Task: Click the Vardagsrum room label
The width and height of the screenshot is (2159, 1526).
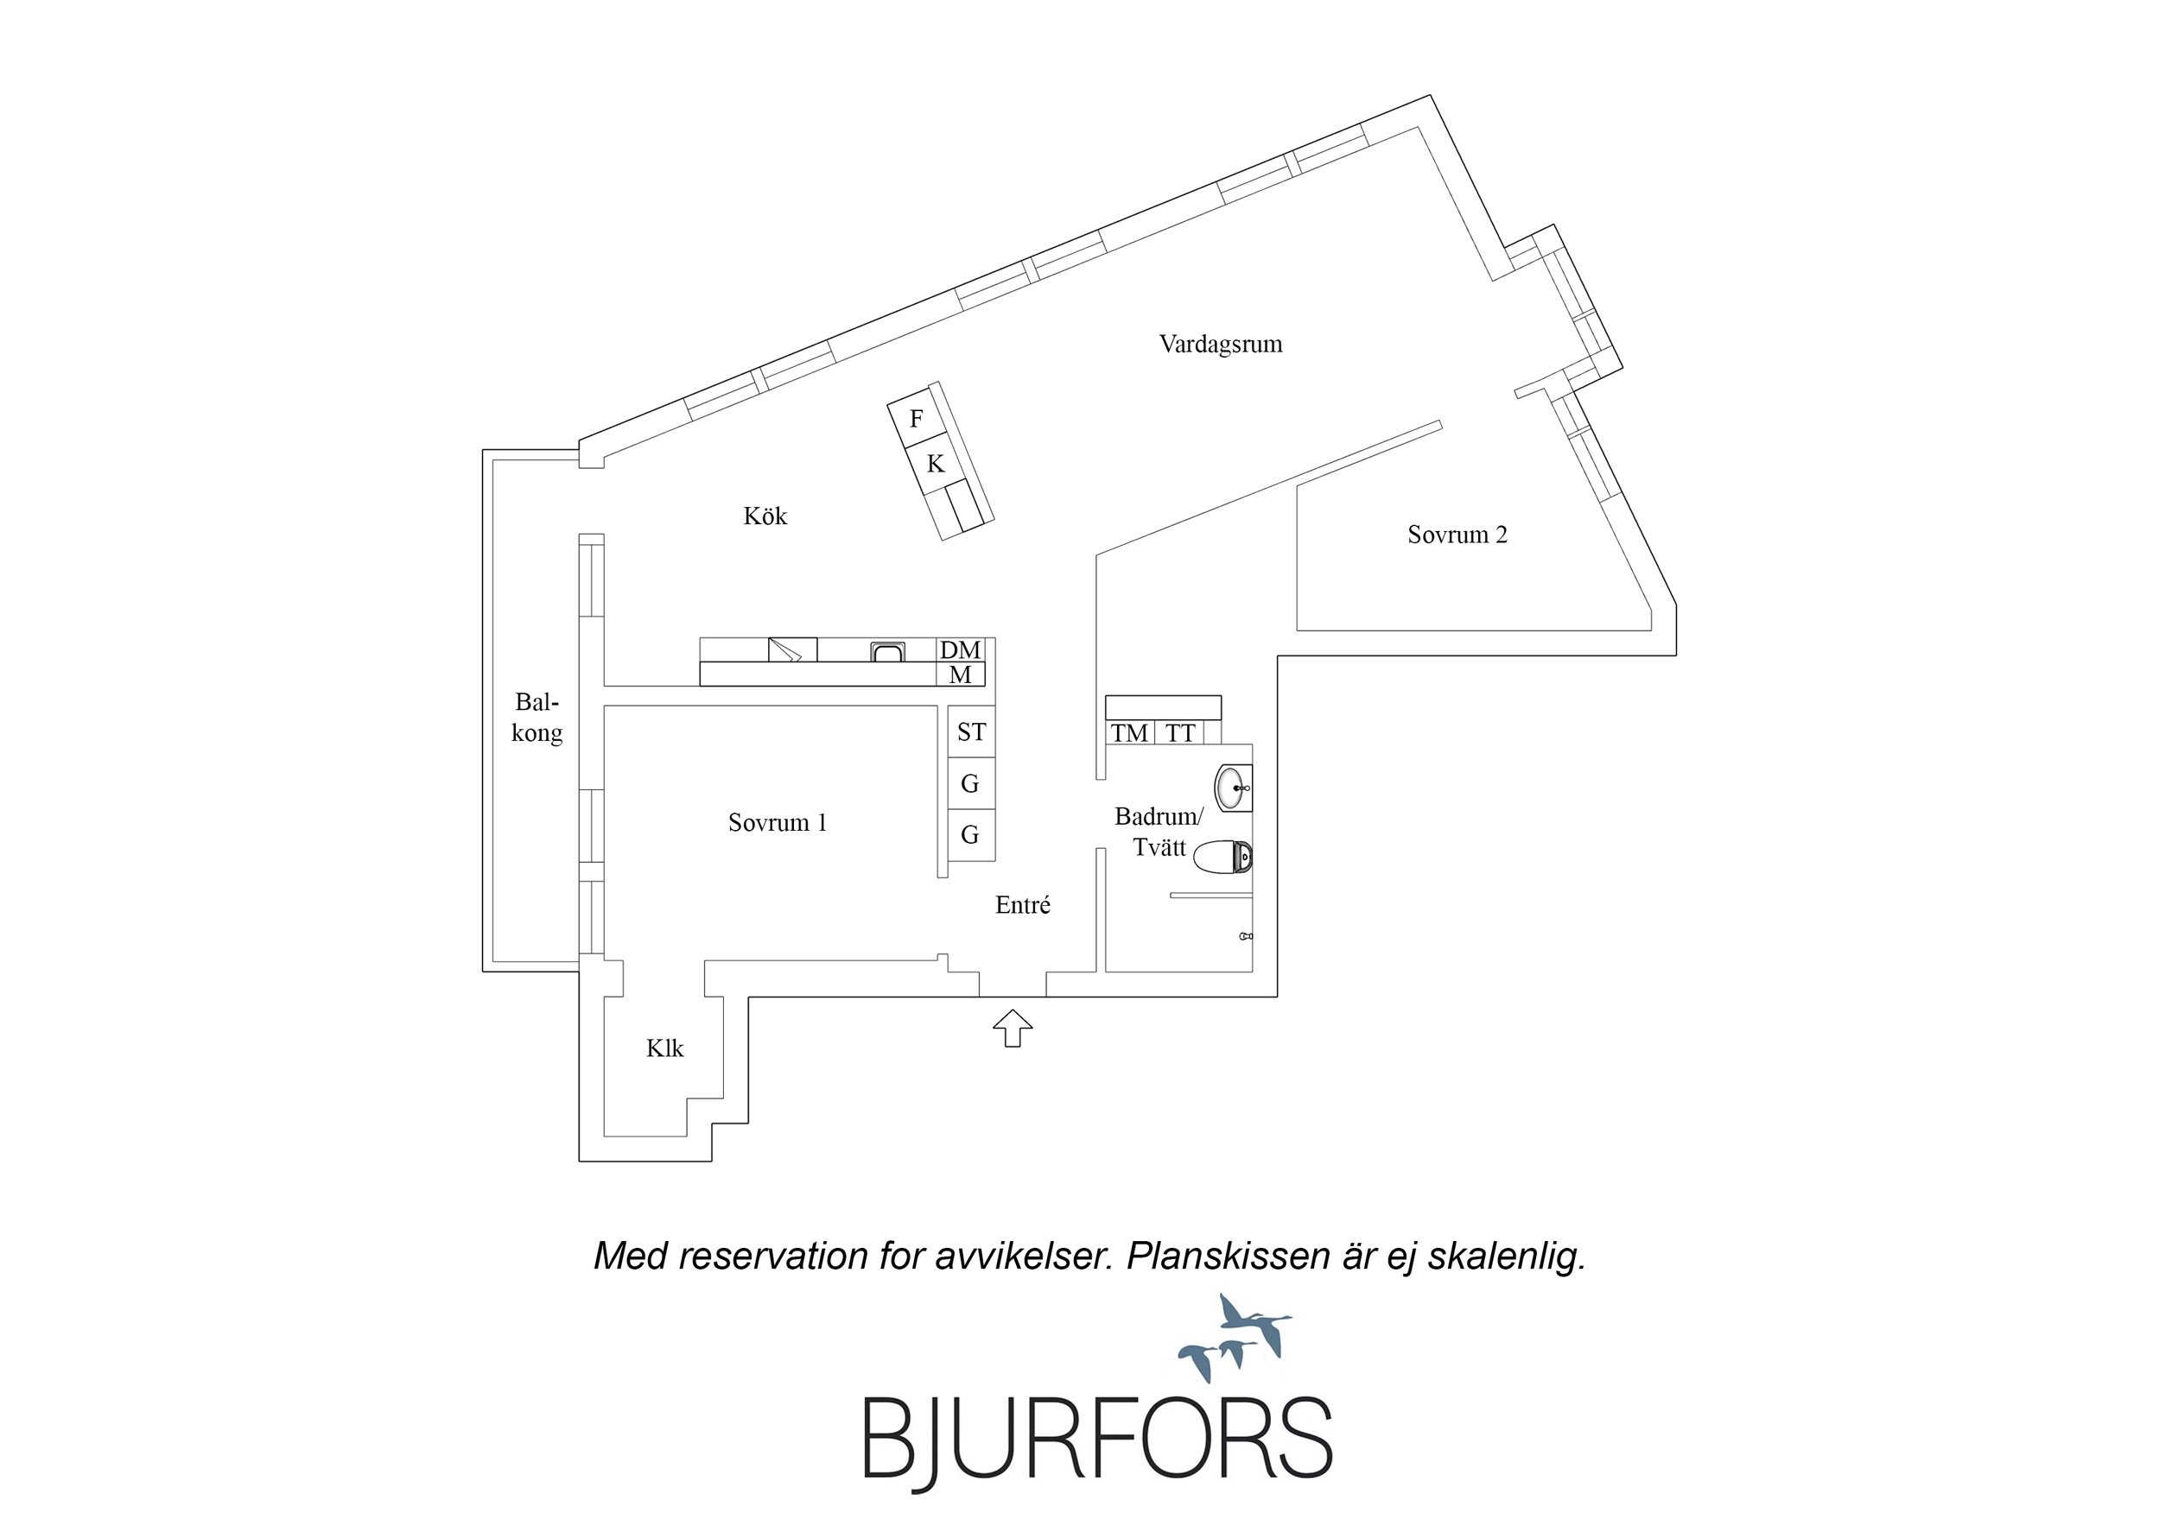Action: [x=1220, y=344]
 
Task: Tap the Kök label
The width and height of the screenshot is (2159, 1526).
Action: [x=765, y=516]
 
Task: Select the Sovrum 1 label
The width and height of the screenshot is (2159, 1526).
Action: [x=777, y=823]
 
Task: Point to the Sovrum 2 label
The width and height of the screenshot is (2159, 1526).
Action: [x=1457, y=535]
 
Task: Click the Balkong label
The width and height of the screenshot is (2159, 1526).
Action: [x=536, y=718]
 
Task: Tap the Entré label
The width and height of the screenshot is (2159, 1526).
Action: [x=1022, y=904]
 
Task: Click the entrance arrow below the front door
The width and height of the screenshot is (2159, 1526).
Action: [x=1013, y=1028]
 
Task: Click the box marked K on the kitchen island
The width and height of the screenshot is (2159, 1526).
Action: [x=935, y=464]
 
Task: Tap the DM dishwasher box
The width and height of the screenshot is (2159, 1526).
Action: [x=960, y=649]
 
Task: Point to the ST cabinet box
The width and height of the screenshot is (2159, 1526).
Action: [x=970, y=731]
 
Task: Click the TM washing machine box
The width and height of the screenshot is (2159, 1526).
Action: [x=1129, y=733]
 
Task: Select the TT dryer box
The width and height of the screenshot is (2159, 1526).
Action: [x=1179, y=733]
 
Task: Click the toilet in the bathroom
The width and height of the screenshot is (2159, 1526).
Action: [x=1222, y=857]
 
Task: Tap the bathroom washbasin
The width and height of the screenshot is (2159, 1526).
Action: [x=1233, y=788]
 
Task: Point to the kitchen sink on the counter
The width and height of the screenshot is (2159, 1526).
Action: [x=887, y=651]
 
